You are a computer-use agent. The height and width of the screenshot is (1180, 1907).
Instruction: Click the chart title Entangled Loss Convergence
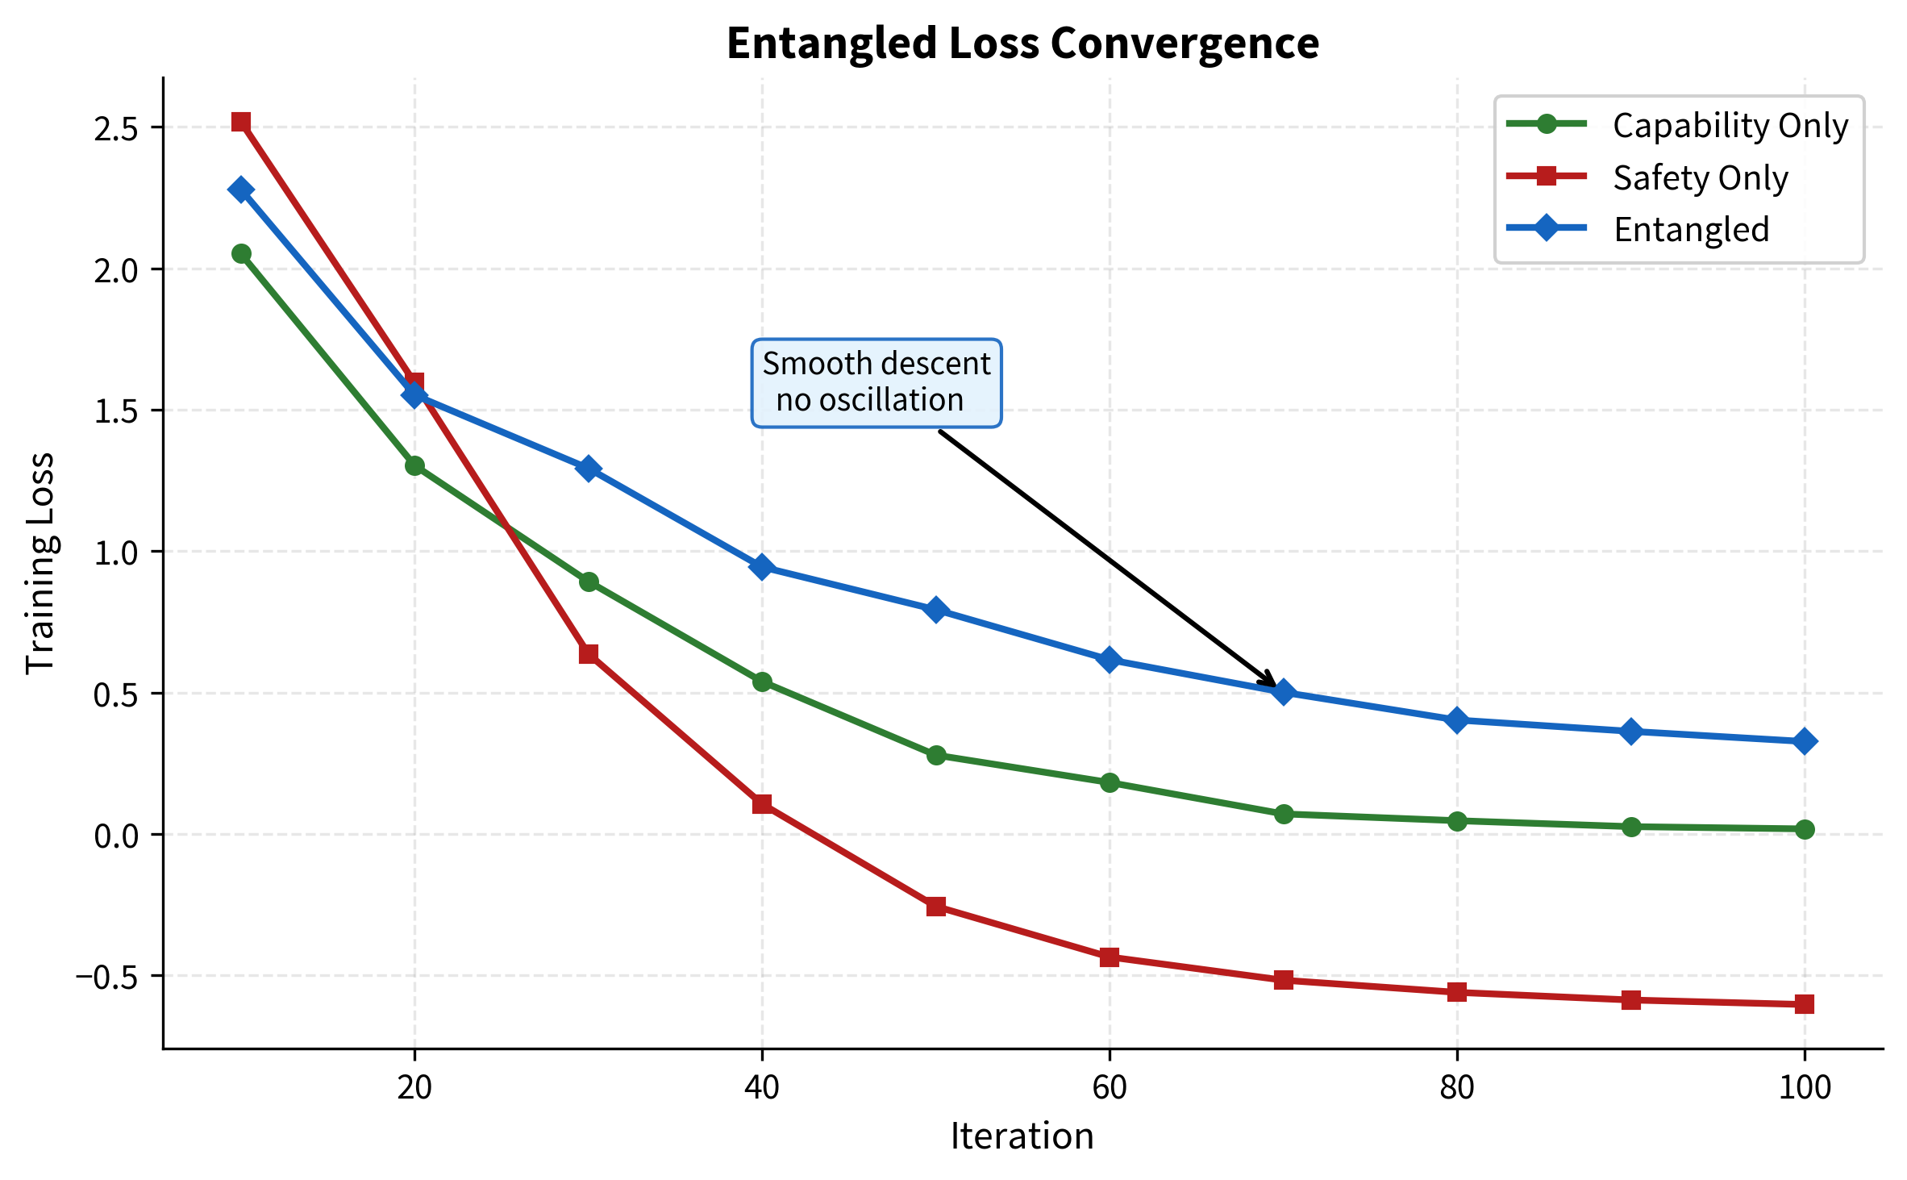tap(1022, 43)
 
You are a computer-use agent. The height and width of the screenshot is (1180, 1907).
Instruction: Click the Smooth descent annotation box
tap(876, 382)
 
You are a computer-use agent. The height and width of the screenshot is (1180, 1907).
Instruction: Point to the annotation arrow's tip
tap(1276, 686)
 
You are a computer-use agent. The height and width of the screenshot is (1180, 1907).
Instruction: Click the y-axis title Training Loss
tap(40, 562)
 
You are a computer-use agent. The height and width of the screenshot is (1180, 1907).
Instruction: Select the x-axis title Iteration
tap(1022, 1136)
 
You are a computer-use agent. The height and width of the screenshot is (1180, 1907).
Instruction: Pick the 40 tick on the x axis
tap(761, 1088)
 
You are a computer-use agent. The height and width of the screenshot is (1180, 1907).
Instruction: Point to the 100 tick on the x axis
tap(1804, 1088)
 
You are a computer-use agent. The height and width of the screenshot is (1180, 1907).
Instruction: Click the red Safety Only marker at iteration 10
tap(241, 122)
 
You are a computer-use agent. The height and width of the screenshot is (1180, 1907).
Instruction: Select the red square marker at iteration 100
tap(1804, 1004)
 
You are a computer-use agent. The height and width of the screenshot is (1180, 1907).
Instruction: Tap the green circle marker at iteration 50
tap(935, 755)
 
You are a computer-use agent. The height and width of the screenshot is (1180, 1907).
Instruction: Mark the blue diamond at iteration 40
tap(761, 566)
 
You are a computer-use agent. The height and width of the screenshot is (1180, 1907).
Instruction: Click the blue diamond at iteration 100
tap(1804, 741)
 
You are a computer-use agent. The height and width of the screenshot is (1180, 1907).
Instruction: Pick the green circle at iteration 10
tap(241, 253)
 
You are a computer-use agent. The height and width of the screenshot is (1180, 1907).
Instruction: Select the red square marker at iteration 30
tap(589, 653)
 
